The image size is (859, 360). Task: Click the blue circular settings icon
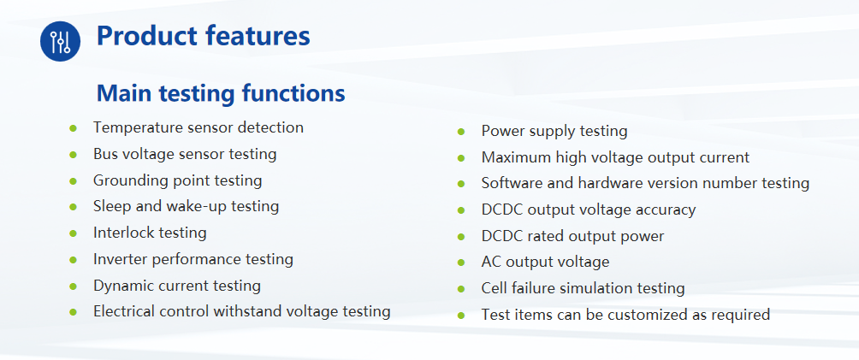[60, 41]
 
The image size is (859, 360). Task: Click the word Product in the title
[147, 36]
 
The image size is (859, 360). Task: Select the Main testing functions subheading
[221, 93]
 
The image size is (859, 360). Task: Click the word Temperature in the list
[138, 128]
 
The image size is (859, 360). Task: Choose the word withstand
[239, 311]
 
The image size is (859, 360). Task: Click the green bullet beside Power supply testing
[461, 132]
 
